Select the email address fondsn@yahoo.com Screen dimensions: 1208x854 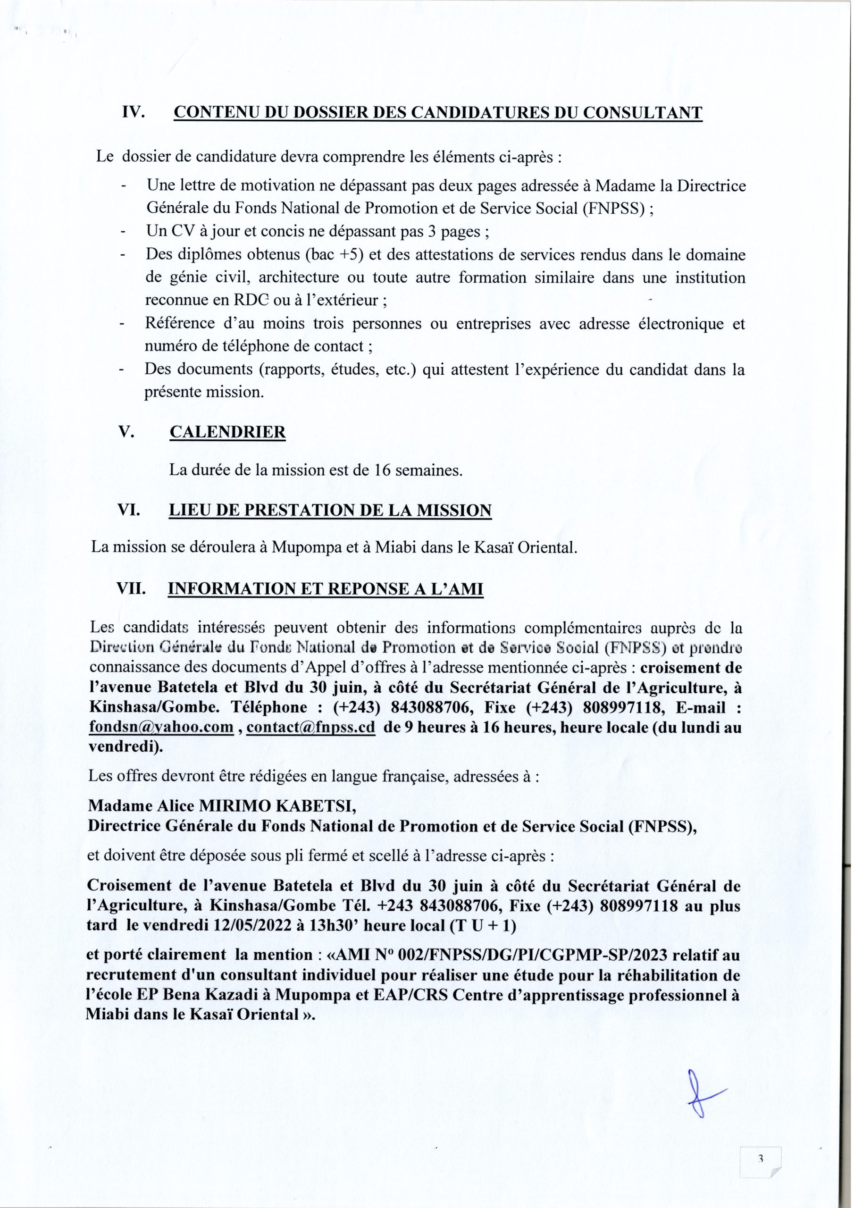(x=161, y=727)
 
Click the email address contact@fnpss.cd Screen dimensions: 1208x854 (x=310, y=727)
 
